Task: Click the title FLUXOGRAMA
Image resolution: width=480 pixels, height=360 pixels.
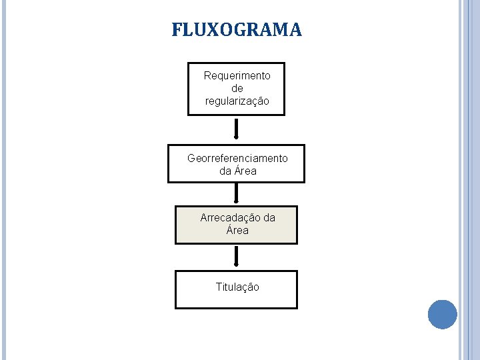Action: pyautogui.click(x=237, y=30)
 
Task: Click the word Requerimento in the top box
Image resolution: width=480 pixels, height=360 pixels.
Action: pyautogui.click(x=237, y=75)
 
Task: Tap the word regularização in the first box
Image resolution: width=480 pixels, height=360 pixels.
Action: pyautogui.click(x=237, y=101)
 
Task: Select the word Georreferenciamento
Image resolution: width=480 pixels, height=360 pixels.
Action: pyautogui.click(x=237, y=158)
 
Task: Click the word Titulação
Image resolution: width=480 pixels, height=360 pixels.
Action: pyautogui.click(x=237, y=287)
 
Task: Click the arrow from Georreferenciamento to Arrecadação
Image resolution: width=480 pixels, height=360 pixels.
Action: pyautogui.click(x=236, y=193)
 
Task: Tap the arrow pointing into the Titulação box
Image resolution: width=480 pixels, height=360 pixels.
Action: pyautogui.click(x=236, y=256)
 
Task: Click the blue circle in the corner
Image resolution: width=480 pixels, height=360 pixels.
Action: pyautogui.click(x=442, y=314)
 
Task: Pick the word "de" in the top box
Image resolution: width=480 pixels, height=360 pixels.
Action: pyautogui.click(x=237, y=88)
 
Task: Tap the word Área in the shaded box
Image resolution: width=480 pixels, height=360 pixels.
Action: pyautogui.click(x=237, y=231)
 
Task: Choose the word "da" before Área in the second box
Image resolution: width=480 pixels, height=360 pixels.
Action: pyautogui.click(x=225, y=171)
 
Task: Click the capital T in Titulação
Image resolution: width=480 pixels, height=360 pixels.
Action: pyautogui.click(x=219, y=287)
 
